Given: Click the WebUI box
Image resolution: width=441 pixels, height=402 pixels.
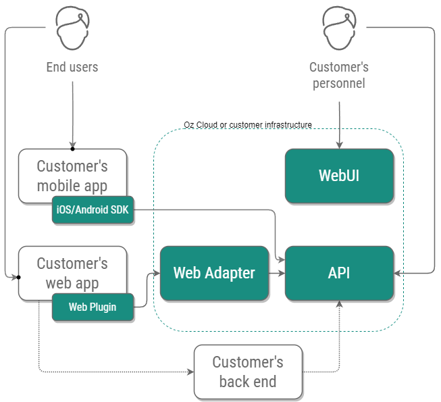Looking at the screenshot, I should [339, 176].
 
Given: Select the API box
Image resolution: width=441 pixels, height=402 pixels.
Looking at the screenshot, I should [339, 273].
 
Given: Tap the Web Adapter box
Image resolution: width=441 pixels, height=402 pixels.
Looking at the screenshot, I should [214, 273].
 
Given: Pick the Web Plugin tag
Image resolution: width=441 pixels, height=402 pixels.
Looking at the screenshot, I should [93, 307].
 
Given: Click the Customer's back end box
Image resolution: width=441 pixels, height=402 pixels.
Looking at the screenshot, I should [247, 372].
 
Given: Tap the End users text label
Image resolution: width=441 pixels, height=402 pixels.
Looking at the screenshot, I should [72, 67].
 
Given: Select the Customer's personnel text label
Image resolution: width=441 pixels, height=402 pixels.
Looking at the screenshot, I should [339, 75].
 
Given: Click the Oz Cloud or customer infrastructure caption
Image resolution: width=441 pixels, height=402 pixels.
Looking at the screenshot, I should [248, 125].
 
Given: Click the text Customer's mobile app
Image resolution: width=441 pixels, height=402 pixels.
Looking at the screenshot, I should [72, 175].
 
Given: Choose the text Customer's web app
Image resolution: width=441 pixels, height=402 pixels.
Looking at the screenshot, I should [72, 273].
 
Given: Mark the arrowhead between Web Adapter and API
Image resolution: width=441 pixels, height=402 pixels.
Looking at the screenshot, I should [281, 273].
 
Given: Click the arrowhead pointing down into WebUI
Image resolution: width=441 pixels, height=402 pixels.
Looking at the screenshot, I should [339, 145].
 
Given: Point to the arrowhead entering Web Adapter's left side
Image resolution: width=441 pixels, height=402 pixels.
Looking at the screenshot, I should [156, 273].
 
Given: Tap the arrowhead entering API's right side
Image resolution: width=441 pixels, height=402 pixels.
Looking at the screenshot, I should [398, 273].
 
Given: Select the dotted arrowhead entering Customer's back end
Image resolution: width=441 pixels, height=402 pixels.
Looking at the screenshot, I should [190, 372].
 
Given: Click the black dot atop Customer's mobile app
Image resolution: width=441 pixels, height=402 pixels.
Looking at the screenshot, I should [72, 149].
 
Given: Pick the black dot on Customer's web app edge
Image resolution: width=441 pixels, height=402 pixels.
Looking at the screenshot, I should [18, 276].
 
